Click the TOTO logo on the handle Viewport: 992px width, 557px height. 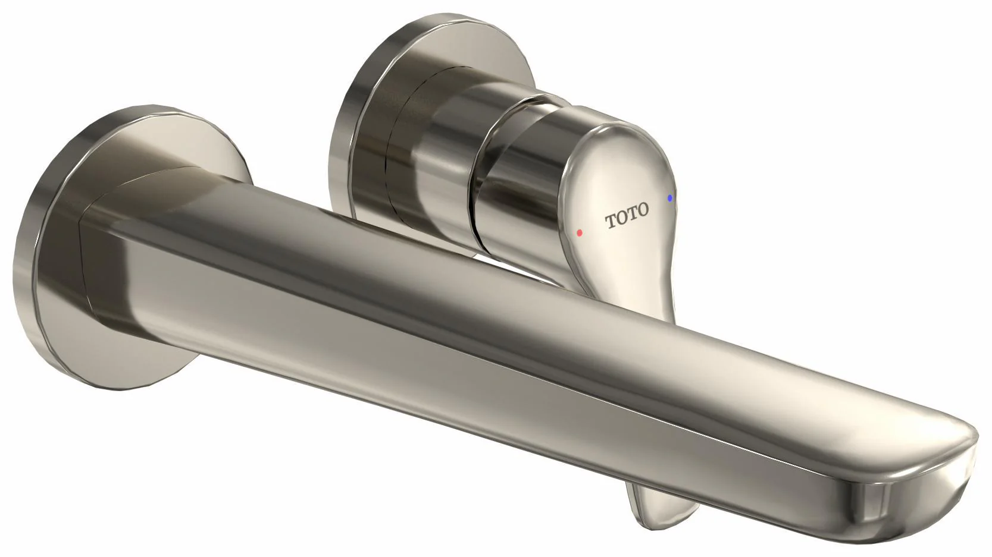click(627, 215)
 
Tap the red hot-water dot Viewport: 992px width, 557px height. click(579, 232)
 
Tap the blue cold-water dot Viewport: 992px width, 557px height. click(670, 198)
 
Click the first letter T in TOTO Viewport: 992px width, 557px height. click(611, 221)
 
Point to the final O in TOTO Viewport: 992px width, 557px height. click(643, 209)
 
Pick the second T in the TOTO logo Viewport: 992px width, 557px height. click(633, 213)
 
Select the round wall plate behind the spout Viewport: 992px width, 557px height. click(133, 248)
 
